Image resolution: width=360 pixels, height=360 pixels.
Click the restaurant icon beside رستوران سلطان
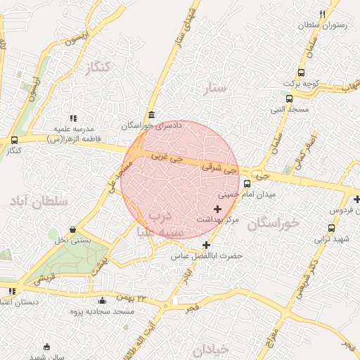pos(323,14)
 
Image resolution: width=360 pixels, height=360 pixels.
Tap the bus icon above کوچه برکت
pos(302,72)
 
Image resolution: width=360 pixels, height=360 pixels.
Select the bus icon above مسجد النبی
pos(290,98)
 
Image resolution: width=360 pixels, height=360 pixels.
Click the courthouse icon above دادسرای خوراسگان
pos(151,115)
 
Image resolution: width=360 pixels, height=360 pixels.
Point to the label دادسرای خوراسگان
pos(151,126)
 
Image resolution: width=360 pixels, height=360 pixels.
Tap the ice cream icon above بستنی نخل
pos(73,230)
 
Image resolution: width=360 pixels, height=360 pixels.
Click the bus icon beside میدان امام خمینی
pos(247,185)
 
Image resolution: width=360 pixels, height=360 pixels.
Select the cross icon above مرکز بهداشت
pos(217,209)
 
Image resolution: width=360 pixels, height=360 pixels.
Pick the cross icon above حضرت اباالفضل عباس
pos(206,245)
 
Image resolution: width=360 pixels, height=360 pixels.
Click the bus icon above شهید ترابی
pos(332,229)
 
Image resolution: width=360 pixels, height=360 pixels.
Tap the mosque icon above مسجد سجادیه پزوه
pos(103,300)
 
